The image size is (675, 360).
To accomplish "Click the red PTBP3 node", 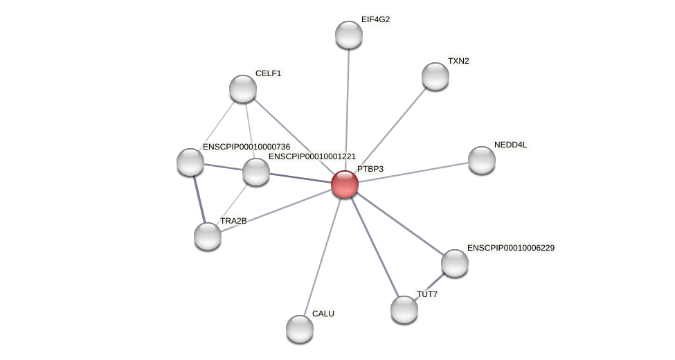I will click(x=344, y=184).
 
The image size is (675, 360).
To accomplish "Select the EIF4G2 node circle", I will click(x=348, y=35).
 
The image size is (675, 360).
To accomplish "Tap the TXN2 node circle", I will click(x=435, y=76).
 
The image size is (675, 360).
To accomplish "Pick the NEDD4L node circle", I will click(x=481, y=160).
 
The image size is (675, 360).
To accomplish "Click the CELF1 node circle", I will click(x=242, y=89).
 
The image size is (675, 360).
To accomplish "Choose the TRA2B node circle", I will click(x=207, y=236).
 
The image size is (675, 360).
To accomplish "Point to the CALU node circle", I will click(x=299, y=329).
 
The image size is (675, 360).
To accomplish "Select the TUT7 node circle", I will click(x=404, y=309).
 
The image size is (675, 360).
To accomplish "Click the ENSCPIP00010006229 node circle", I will click(x=454, y=263).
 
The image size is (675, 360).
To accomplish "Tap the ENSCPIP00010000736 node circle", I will click(x=190, y=162).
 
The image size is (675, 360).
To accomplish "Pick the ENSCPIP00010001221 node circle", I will click(x=255, y=172).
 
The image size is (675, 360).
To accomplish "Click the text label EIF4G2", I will click(x=375, y=19).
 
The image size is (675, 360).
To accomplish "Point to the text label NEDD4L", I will click(x=510, y=145).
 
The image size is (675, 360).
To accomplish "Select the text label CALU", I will click(x=323, y=314).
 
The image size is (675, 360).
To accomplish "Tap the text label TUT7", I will click(x=426, y=294).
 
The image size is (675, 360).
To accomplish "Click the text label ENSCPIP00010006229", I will click(x=510, y=248).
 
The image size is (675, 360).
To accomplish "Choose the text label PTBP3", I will click(x=370, y=169).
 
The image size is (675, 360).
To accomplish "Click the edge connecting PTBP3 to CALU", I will click(x=322, y=256).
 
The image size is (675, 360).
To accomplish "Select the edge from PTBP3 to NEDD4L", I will click(x=413, y=172).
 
